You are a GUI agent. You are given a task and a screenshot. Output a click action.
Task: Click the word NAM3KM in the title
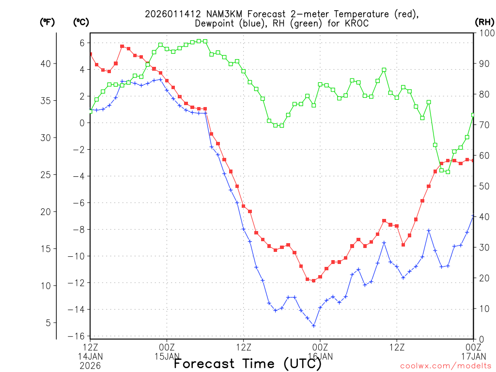[x=209, y=14]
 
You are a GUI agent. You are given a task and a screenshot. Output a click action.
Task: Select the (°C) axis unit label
[x=81, y=22]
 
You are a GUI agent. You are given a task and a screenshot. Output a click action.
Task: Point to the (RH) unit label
[x=484, y=22]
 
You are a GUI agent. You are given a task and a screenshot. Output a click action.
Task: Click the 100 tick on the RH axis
[x=484, y=33]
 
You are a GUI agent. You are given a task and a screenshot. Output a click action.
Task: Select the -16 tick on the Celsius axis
[x=80, y=336]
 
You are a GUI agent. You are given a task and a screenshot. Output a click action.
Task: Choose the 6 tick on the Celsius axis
[x=82, y=43]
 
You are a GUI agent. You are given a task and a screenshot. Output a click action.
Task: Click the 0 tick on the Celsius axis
[x=82, y=123]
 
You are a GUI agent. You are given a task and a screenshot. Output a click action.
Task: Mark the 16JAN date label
[x=320, y=356]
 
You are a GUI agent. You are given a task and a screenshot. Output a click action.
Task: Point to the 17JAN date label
[x=473, y=356]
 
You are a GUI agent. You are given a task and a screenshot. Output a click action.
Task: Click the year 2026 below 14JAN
[x=91, y=365]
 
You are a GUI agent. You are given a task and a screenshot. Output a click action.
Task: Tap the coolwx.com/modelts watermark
[x=445, y=366]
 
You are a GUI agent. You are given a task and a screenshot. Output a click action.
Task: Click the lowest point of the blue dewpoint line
[x=313, y=325]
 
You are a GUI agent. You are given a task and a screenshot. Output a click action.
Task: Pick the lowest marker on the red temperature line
[x=313, y=280]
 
